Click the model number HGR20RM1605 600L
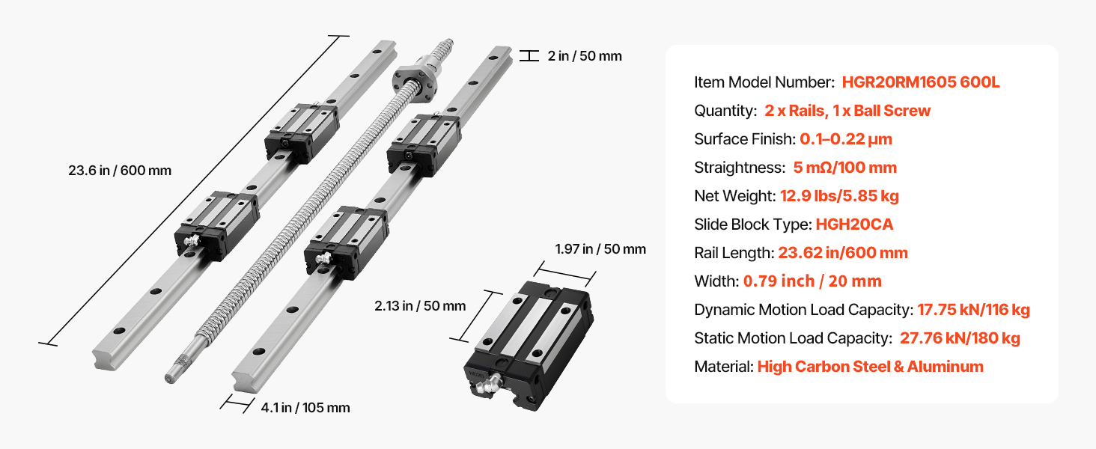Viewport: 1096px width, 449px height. coord(920,82)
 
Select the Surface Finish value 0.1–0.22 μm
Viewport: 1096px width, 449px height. coord(846,139)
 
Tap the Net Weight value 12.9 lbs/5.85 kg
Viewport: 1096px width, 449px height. coord(840,196)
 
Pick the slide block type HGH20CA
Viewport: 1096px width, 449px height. coord(855,224)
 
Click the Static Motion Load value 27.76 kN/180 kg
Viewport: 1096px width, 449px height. coord(960,338)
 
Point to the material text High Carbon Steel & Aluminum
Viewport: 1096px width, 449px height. coord(871,367)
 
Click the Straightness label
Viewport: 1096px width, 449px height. coord(740,168)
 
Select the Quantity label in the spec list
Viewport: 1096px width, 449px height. coord(725,111)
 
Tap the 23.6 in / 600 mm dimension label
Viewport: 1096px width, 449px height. coord(120,171)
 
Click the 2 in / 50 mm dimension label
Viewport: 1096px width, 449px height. coord(585,56)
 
